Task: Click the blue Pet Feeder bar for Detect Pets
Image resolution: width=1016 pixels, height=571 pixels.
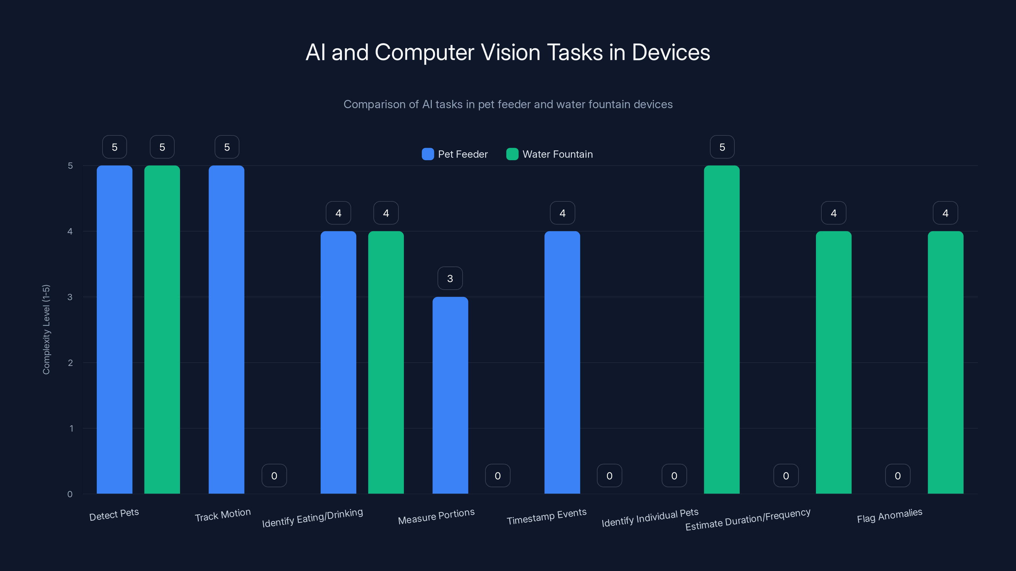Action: coord(114,329)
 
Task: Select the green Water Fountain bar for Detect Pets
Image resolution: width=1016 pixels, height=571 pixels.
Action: coord(162,329)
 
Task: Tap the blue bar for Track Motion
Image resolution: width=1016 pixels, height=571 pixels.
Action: coord(226,329)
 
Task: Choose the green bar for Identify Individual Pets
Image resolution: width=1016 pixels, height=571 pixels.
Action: coord(722,329)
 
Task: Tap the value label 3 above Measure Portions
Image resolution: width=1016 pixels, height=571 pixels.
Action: coord(450,279)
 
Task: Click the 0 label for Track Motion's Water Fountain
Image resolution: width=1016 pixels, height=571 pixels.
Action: coord(274,476)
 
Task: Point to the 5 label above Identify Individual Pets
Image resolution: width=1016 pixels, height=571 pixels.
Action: coord(722,147)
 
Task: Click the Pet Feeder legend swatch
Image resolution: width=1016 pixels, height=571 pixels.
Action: coord(428,154)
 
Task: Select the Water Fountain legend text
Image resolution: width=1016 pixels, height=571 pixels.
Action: coord(557,154)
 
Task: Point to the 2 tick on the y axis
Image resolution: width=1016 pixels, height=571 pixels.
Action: coord(70,363)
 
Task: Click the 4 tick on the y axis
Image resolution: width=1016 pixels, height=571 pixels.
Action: coord(70,231)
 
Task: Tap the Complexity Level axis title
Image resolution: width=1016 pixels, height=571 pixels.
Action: coord(46,329)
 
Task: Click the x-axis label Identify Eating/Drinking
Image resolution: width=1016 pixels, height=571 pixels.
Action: coord(312,517)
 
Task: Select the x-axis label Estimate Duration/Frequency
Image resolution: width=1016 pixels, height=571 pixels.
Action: coord(747,519)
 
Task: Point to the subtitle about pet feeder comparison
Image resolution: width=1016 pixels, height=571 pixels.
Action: coord(508,104)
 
